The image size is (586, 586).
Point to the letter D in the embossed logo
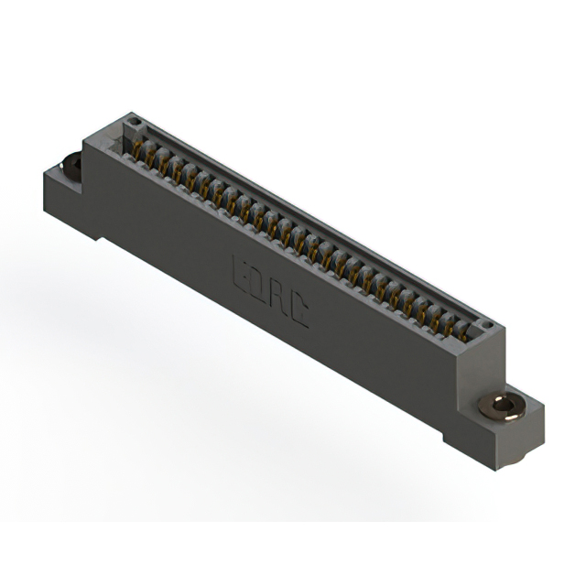tap(255, 285)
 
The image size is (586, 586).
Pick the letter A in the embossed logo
tap(278, 300)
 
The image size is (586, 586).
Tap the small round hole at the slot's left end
tap(134, 121)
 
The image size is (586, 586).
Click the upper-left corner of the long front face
tap(87, 152)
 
